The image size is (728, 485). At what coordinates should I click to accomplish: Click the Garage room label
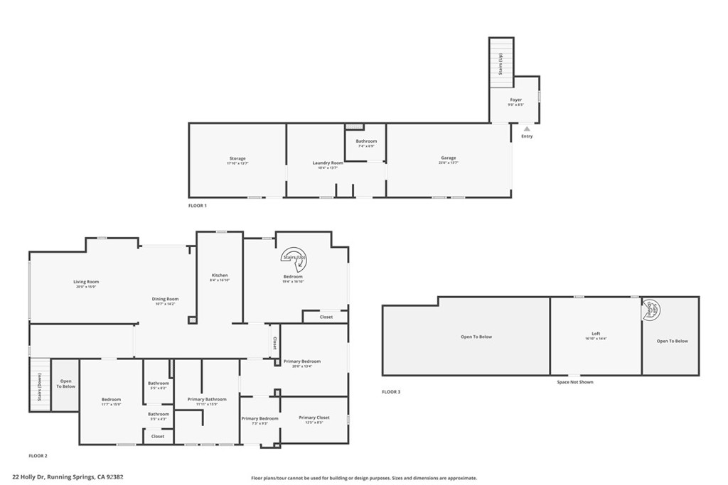tap(448, 158)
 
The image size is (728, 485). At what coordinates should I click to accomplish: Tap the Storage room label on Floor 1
tap(237, 158)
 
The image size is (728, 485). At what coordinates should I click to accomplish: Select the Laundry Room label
tap(328, 163)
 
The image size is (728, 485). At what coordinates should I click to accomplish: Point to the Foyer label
tap(515, 100)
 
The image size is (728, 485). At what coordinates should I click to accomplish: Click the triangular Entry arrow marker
tap(526, 129)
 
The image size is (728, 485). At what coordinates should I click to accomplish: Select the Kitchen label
tap(220, 275)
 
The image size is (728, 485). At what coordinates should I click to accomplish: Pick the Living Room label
tap(85, 282)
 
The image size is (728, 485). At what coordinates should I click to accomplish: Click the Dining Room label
tap(165, 299)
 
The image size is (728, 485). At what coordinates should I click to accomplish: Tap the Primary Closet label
tap(314, 418)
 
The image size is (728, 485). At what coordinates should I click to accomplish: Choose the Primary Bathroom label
tap(207, 399)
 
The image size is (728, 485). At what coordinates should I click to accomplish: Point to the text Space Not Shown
tap(574, 382)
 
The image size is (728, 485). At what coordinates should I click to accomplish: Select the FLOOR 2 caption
tap(38, 455)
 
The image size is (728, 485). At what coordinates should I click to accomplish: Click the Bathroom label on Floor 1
tap(366, 141)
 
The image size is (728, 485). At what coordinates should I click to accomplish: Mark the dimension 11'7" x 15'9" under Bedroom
tap(111, 404)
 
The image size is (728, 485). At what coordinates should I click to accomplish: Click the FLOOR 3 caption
tap(391, 392)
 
